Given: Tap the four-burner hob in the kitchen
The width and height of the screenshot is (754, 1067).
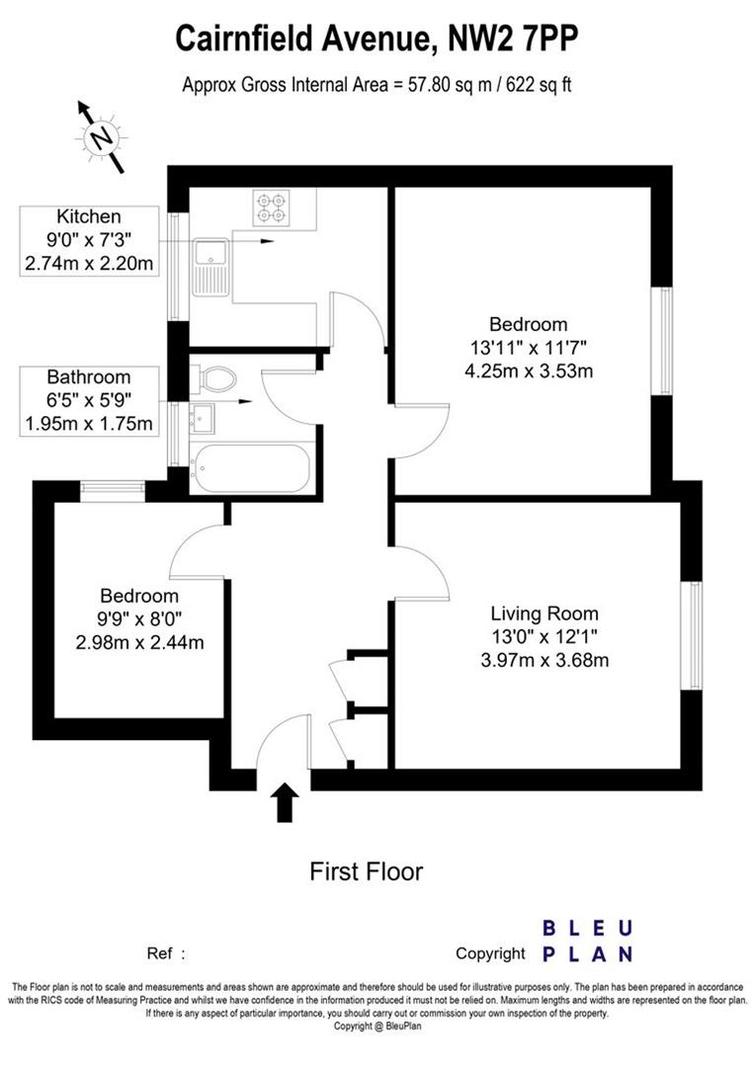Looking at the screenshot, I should [270, 205].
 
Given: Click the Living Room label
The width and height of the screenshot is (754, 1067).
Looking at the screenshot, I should [545, 614].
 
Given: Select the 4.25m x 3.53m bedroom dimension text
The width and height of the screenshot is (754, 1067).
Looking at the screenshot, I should [528, 371].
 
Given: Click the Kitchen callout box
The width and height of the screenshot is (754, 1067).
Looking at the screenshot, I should [89, 240].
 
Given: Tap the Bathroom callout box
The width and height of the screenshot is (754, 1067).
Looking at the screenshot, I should [89, 401].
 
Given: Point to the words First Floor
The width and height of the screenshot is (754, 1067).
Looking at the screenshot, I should [367, 871].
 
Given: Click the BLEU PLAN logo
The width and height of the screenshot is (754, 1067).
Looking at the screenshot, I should [587, 941].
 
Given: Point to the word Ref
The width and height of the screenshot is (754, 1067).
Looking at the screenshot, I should [160, 953].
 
